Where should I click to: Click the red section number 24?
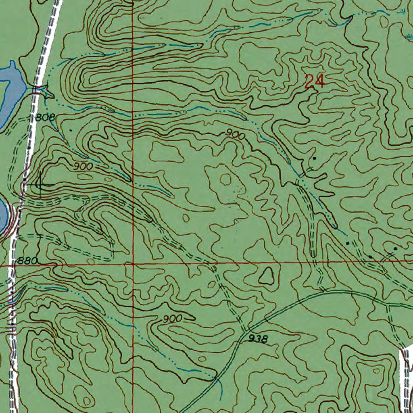point(314,82)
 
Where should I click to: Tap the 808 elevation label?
point(44,118)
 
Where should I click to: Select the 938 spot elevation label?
point(258,339)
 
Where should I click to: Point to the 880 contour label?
point(27,261)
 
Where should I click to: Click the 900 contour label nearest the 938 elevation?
point(172,319)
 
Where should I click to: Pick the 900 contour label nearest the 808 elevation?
point(83,166)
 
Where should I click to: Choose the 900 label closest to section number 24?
point(235,135)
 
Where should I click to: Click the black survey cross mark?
point(40,185)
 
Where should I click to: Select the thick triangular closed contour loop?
point(266,277)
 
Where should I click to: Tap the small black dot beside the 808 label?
point(71,130)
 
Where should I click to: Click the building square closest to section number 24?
point(315,159)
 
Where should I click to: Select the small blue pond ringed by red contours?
point(3,214)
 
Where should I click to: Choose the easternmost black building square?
point(395,249)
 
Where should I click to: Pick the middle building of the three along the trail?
point(370,257)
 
